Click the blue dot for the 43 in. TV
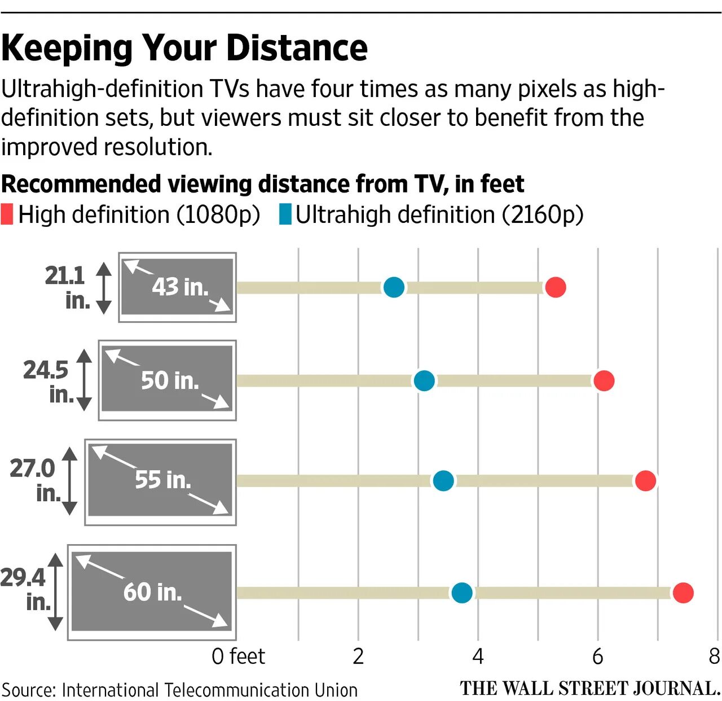point(394,287)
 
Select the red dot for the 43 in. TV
point(556,287)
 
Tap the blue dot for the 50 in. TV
point(424,381)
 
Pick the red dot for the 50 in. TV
point(604,381)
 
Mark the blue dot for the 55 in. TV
point(443,481)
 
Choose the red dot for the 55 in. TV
point(645,481)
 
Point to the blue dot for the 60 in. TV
point(462,593)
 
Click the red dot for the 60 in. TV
point(683,593)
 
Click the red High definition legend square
point(7,215)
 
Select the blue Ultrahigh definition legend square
point(285,215)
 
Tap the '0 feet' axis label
point(238,656)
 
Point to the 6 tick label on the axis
point(598,656)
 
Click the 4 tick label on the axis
point(478,656)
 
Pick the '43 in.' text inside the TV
point(180,287)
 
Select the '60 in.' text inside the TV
point(153,592)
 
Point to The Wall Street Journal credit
point(589,689)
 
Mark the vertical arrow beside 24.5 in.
point(84,380)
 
